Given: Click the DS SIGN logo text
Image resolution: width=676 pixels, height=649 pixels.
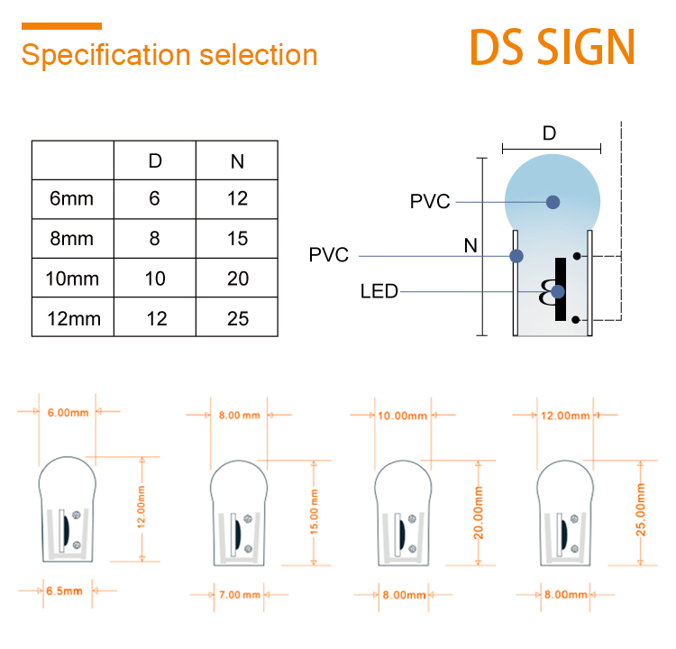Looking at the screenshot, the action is click(553, 47).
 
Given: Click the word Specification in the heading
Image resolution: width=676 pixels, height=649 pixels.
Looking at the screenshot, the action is click(106, 55).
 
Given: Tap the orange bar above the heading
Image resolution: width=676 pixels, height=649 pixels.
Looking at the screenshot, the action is click(61, 26).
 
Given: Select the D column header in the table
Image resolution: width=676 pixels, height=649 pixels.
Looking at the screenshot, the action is click(155, 160).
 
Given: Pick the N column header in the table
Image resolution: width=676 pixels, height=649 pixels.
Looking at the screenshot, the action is click(237, 161).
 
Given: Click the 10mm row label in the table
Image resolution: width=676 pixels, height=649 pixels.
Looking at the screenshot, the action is click(72, 279).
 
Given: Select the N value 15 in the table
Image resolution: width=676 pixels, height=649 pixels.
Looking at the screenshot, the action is click(238, 239).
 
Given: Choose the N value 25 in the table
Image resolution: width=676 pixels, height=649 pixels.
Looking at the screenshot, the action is click(238, 319).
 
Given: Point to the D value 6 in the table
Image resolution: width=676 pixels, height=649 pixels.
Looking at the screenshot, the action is click(154, 198).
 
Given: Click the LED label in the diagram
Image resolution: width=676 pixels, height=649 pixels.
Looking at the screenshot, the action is click(379, 291).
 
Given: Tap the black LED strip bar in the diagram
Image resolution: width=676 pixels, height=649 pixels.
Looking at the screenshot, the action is click(561, 289).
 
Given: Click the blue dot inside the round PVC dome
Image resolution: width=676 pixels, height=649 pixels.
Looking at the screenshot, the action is click(553, 202).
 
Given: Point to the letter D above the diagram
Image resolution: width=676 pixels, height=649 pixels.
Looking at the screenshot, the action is click(549, 133).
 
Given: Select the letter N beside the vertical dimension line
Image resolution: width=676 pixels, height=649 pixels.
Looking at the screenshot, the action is click(470, 246).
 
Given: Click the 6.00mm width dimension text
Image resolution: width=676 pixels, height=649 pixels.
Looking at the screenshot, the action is click(69, 413).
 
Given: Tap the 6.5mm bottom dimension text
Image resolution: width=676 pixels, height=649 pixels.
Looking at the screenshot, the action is click(64, 590).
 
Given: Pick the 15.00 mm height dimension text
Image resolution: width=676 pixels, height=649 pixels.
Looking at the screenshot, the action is click(315, 512).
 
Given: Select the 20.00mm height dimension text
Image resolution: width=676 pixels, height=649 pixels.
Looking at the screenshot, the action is click(479, 513).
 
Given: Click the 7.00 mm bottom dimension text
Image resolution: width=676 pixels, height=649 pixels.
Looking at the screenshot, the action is click(240, 595).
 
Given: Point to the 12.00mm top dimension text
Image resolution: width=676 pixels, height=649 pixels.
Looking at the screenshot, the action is click(565, 416).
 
